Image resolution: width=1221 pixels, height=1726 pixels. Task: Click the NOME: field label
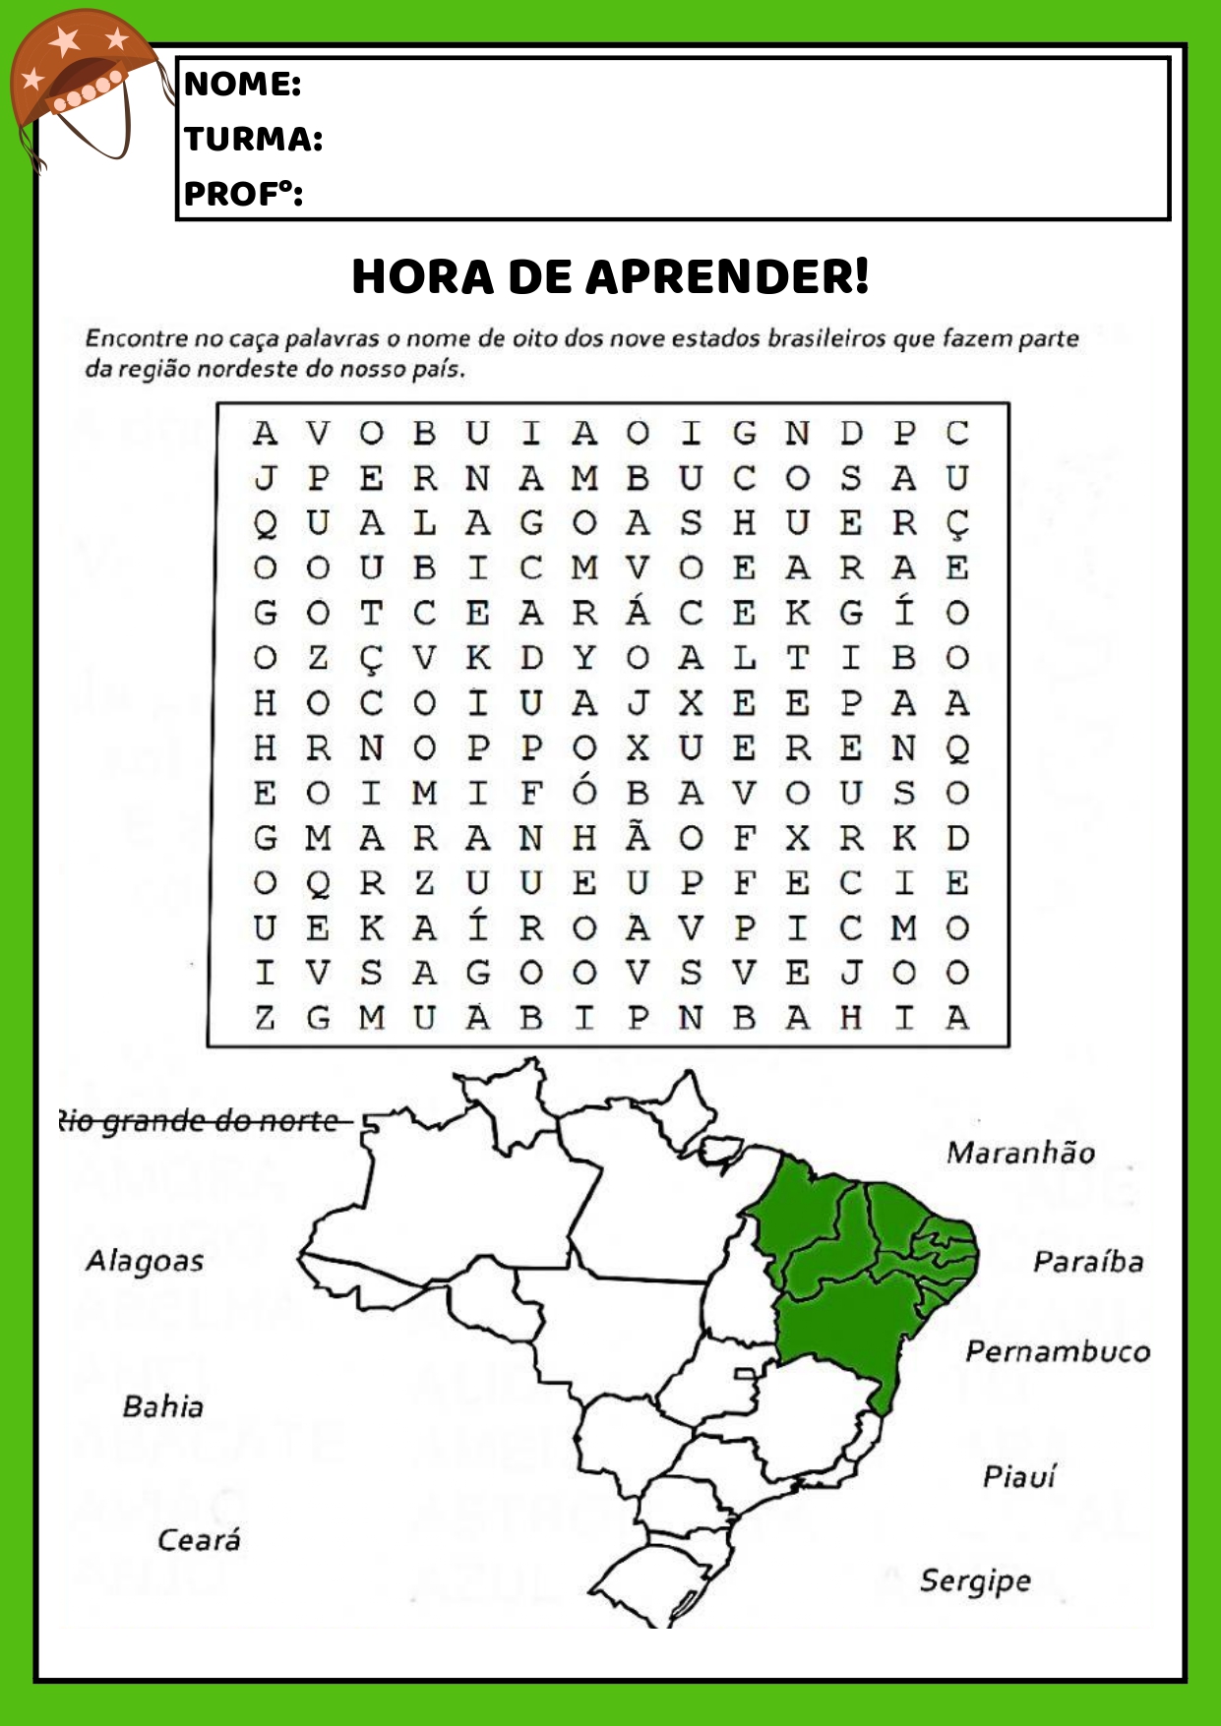[x=242, y=84]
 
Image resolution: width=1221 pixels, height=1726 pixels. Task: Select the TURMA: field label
[x=254, y=139]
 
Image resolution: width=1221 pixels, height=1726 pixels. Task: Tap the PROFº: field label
[x=243, y=194]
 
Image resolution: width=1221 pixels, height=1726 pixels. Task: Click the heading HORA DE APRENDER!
[x=610, y=276]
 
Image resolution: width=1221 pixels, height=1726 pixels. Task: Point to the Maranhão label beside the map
[x=1020, y=1153]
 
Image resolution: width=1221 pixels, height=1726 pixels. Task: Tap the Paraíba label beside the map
[x=1087, y=1262]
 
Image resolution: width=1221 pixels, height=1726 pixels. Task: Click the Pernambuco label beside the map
[x=1057, y=1351]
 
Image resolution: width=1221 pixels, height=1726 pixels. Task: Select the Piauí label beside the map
[x=1018, y=1476]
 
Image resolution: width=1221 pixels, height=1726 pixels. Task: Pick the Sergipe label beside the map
[x=975, y=1580]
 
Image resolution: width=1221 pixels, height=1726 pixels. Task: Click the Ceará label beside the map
[x=199, y=1539]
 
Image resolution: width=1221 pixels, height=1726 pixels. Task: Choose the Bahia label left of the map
[x=163, y=1406]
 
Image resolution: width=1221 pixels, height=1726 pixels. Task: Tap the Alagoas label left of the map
[x=145, y=1261]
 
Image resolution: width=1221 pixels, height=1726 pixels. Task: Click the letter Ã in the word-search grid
[x=638, y=837]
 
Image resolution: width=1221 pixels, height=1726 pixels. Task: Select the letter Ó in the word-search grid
[x=584, y=791]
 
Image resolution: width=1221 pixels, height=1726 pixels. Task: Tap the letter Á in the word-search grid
[x=638, y=612]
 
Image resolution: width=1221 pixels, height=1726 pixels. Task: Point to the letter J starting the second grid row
[x=265, y=479]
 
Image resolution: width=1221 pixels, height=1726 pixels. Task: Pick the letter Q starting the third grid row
[x=265, y=524]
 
